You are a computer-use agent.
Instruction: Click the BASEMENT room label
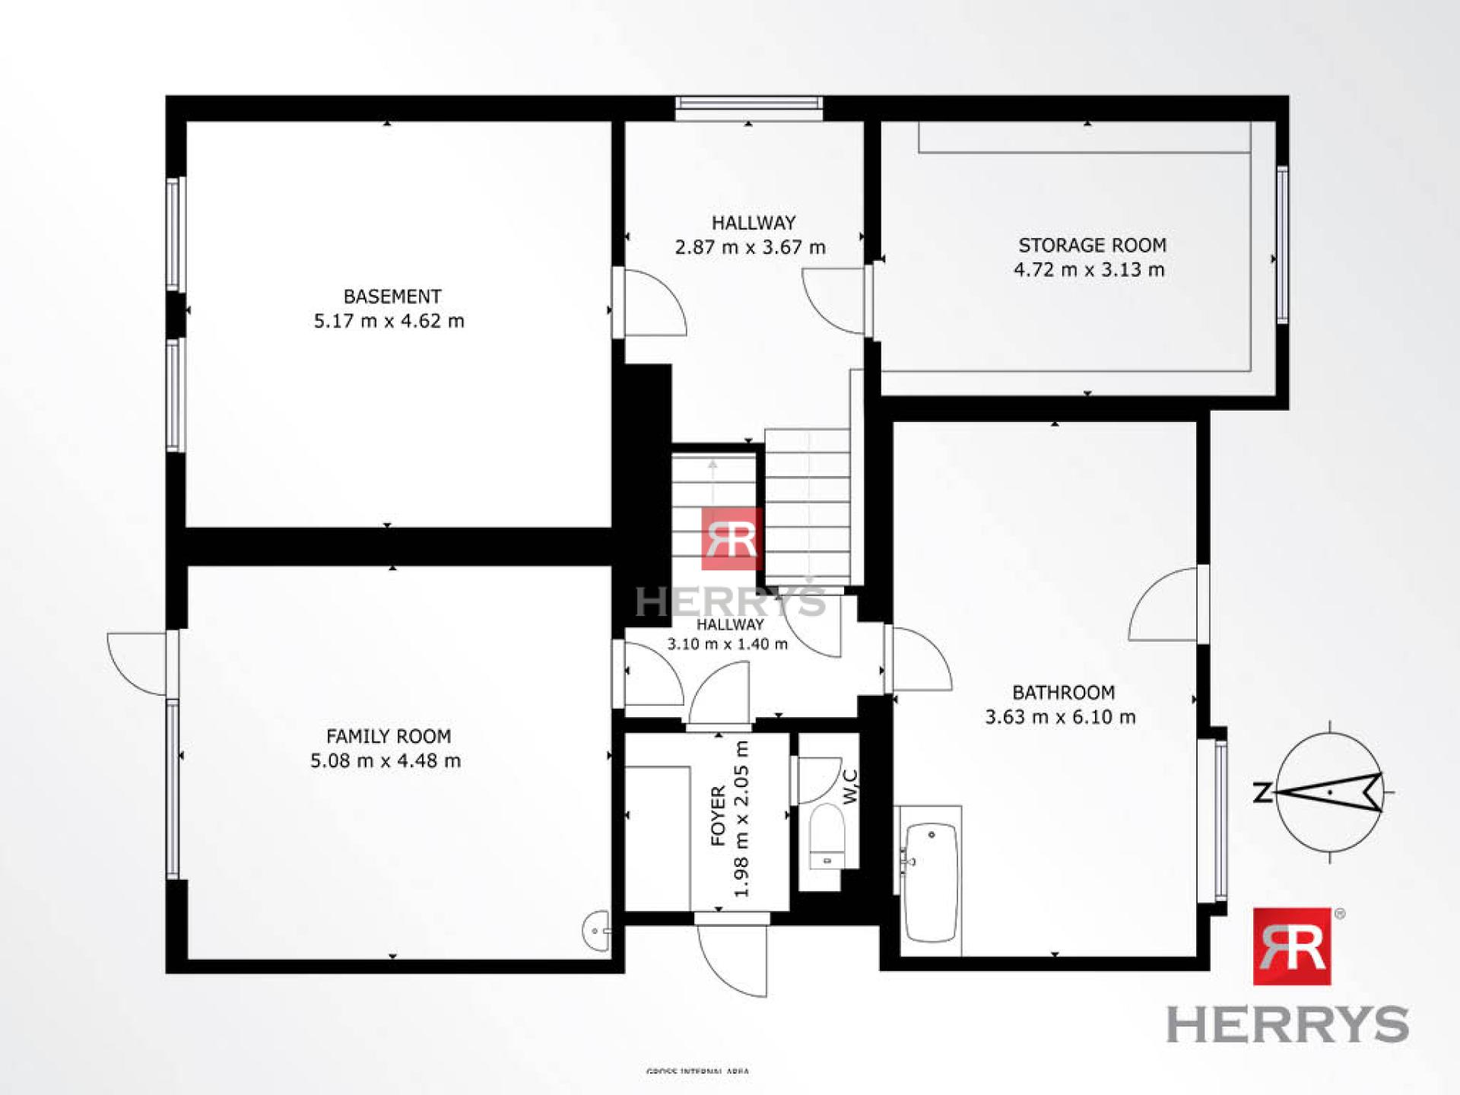point(392,296)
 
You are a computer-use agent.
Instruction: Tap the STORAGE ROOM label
point(1092,245)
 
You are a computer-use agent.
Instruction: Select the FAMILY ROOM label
point(389,735)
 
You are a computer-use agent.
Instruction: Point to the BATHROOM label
point(1063,692)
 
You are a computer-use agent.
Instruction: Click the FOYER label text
point(719,817)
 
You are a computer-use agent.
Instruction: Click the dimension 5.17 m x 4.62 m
point(389,321)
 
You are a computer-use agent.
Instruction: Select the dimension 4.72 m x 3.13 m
point(1089,269)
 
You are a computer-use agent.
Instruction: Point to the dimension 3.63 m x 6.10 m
point(1060,716)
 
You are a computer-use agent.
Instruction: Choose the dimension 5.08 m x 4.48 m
point(386,760)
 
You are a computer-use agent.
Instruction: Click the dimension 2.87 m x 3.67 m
point(750,247)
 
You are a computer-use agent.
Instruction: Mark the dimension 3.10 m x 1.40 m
point(727,644)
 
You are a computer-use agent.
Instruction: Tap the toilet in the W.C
point(826,836)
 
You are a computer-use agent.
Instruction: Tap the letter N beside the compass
point(1262,793)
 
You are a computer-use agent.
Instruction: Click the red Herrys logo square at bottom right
point(1292,946)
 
